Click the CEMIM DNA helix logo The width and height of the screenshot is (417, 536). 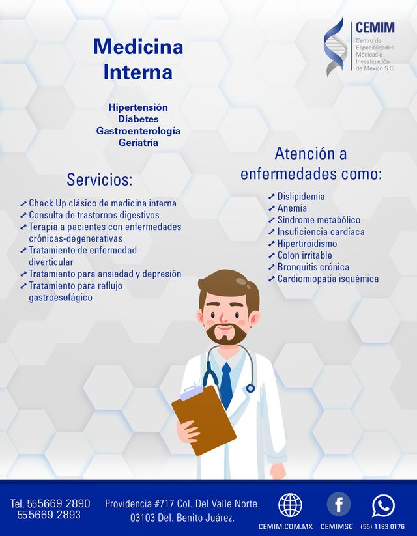334,47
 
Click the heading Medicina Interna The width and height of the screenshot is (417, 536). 138,59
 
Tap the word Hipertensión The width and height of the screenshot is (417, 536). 138,107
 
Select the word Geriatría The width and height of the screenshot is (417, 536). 138,143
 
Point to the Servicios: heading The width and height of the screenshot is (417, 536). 99,180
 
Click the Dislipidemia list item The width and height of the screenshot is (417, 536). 301,197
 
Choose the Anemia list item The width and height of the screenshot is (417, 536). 292,208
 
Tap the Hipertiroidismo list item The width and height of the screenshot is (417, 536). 307,244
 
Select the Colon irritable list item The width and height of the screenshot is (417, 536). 304,255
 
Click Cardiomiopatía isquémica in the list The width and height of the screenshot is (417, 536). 328,279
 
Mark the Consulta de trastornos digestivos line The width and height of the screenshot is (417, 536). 94,215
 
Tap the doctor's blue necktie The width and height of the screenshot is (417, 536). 225,384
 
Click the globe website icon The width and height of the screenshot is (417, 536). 290,505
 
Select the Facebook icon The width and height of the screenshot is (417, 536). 338,504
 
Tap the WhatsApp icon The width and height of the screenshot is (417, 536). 383,505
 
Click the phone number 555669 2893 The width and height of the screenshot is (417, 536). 49,515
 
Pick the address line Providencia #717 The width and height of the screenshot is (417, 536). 181,503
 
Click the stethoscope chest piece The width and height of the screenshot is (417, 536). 250,388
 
